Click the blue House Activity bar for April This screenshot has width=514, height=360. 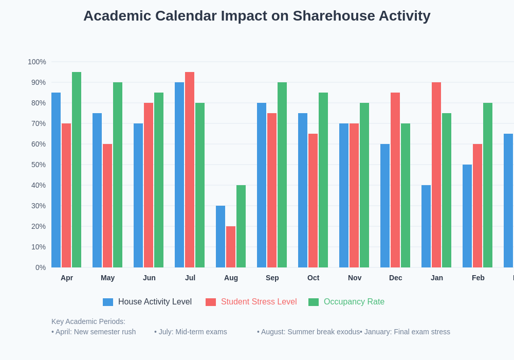[56, 180]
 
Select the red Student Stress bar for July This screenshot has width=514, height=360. [190, 170]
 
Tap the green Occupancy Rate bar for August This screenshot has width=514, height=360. [241, 226]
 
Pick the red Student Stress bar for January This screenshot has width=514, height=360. [436, 175]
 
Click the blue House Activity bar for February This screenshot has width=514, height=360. [467, 216]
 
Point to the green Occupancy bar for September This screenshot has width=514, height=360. [282, 175]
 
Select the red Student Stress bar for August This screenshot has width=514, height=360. [231, 247]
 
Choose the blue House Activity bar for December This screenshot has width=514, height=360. [385, 206]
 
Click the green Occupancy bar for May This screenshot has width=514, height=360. [118, 175]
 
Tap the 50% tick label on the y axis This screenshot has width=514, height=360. [39, 165]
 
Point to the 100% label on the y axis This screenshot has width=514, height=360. [37, 62]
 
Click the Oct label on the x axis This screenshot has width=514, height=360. [313, 278]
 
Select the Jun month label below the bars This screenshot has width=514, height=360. [149, 278]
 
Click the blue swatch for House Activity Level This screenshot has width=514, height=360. [108, 302]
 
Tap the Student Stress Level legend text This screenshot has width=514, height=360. [259, 302]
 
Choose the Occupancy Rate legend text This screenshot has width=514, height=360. [354, 302]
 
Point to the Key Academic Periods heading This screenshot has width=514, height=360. [88, 321]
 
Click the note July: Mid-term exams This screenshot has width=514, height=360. [191, 332]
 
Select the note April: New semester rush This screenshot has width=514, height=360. [94, 332]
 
